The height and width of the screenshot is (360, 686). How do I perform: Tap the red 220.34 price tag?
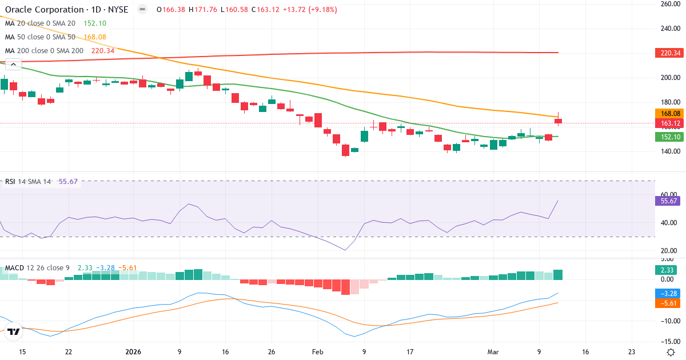click(x=667, y=53)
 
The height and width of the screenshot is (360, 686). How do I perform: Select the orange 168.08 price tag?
click(x=667, y=114)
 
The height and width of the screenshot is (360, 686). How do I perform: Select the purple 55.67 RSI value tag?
click(x=667, y=201)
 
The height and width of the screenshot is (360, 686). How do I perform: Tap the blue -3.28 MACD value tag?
click(x=667, y=293)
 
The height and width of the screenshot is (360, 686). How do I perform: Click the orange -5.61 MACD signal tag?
click(x=667, y=303)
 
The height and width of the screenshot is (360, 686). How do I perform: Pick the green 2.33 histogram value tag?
click(x=667, y=270)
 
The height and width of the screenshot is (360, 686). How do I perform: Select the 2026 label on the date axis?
click(x=133, y=351)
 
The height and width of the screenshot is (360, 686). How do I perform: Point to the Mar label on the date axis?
click(x=493, y=351)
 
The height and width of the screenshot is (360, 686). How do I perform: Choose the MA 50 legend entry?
click(x=40, y=37)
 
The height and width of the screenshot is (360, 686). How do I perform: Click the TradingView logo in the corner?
click(x=14, y=331)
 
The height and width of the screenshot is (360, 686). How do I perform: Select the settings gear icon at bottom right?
click(x=672, y=351)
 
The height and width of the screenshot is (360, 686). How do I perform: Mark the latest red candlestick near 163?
click(x=559, y=121)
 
